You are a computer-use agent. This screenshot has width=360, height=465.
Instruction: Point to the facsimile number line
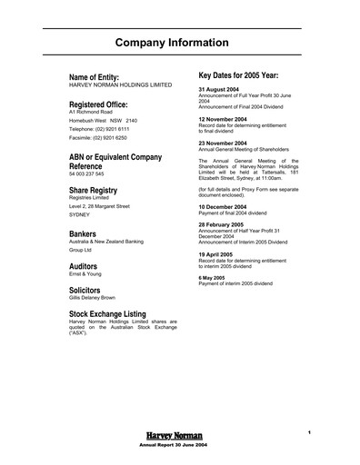point(99,138)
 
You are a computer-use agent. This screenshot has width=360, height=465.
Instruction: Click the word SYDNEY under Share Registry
point(83,214)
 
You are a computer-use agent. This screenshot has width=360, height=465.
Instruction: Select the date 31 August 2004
point(222,89)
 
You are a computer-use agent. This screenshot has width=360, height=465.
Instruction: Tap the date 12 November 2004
point(225,119)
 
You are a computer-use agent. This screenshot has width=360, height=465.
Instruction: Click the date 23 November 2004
point(225,143)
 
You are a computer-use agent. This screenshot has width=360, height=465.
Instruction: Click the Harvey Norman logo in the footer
point(171,437)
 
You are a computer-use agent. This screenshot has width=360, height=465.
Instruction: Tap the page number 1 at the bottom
point(310,431)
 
